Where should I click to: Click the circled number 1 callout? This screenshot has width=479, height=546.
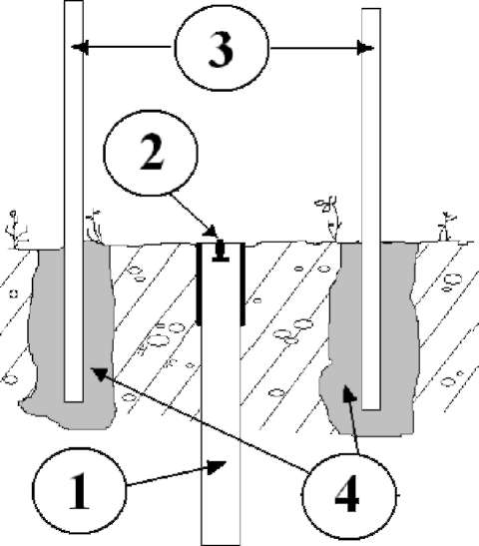tap(80, 492)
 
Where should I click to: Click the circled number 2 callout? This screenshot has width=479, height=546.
tap(151, 153)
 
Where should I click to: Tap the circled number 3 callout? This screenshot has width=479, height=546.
tap(222, 48)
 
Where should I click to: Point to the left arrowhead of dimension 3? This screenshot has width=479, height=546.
tap(80, 47)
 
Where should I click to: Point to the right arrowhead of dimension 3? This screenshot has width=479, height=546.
tap(365, 48)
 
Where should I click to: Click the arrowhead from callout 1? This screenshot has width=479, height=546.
tap(217, 466)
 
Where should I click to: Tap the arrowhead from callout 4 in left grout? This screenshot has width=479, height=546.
tap(98, 373)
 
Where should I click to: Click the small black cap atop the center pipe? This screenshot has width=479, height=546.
tap(221, 250)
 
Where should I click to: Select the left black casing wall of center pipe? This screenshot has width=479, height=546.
tap(200, 284)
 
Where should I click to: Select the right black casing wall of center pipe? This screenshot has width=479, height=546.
tap(242, 284)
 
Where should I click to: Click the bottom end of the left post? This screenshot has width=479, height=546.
tap(74, 401)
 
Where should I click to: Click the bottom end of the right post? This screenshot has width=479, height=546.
tap(371, 409)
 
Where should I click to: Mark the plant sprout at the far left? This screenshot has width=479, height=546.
tap(16, 230)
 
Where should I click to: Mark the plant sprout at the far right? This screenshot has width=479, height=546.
tap(446, 227)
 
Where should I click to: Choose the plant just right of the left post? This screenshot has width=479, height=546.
tap(94, 227)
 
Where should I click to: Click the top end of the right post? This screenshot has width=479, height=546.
tap(371, 10)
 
